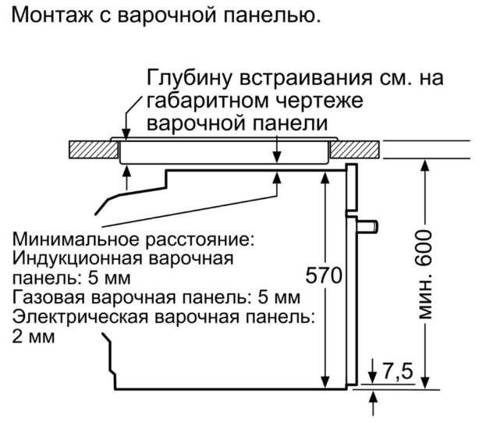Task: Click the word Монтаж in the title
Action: pyautogui.click(x=52, y=16)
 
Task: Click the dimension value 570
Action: pyautogui.click(x=324, y=275)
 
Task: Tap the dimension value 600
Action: pyautogui.click(x=424, y=248)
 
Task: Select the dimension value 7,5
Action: pyautogui.click(x=397, y=371)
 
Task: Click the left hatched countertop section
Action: pyautogui.click(x=94, y=149)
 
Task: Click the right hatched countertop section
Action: pyautogui.click(x=355, y=149)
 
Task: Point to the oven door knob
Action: pyautogui.click(x=367, y=226)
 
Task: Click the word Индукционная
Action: pyautogui.click(x=76, y=259)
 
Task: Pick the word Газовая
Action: pyautogui.click(x=48, y=297)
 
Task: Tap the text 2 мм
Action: pyautogui.click(x=34, y=337)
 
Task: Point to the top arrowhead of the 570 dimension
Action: pyautogui.click(x=325, y=178)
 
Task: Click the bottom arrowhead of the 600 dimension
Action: pyautogui.click(x=425, y=382)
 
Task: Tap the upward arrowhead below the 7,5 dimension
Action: pyautogui.click(x=373, y=399)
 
